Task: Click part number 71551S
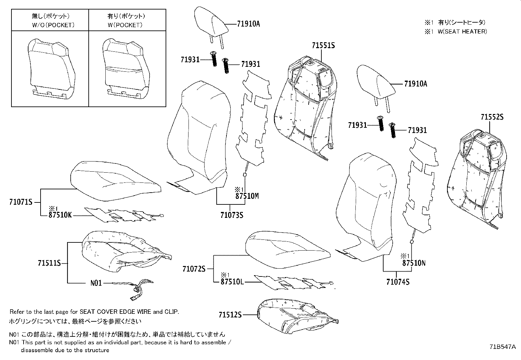[323, 46]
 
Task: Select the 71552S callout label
[492, 117]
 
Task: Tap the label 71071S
[21, 202]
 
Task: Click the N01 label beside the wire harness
[96, 283]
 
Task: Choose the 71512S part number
[230, 315]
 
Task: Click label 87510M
[247, 196]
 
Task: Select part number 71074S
[398, 281]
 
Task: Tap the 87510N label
[414, 263]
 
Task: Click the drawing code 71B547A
[502, 346]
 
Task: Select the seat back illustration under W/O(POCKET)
[51, 69]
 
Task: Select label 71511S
[49, 263]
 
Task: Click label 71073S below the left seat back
[231, 215]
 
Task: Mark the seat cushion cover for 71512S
[296, 318]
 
